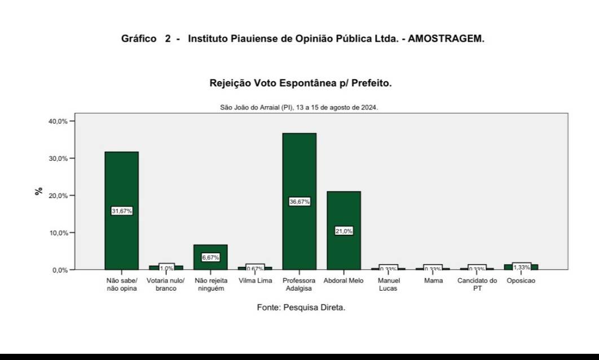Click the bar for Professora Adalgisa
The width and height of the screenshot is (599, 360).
[299, 169]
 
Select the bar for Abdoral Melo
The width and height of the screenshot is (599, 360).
[343, 209]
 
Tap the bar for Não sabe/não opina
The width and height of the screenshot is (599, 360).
[121, 181]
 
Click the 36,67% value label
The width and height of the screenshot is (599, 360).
[299, 201]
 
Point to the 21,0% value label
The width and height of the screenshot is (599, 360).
[343, 231]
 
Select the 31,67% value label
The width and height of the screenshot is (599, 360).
[122, 210]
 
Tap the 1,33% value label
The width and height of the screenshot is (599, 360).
[521, 267]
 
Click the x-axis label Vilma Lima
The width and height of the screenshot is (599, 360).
[255, 280]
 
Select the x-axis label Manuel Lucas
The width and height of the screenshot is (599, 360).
[388, 284]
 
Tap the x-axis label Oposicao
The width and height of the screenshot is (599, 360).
[521, 280]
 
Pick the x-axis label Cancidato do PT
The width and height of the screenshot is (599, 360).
[477, 284]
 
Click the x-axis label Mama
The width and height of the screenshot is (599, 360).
[433, 280]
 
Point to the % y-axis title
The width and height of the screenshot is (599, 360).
[39, 191]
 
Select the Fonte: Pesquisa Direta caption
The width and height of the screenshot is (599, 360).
[301, 308]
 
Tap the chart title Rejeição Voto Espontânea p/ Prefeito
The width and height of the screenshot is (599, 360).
[300, 84]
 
